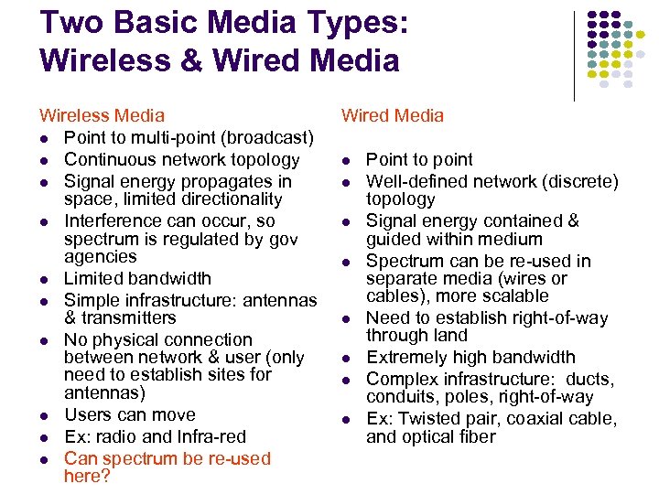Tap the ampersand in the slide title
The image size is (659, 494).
coord(194,60)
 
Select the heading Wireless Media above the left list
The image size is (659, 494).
coord(102,115)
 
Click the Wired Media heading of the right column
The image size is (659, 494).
coord(392,115)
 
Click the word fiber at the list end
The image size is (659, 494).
coord(476,437)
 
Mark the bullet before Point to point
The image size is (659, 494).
coord(349,160)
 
